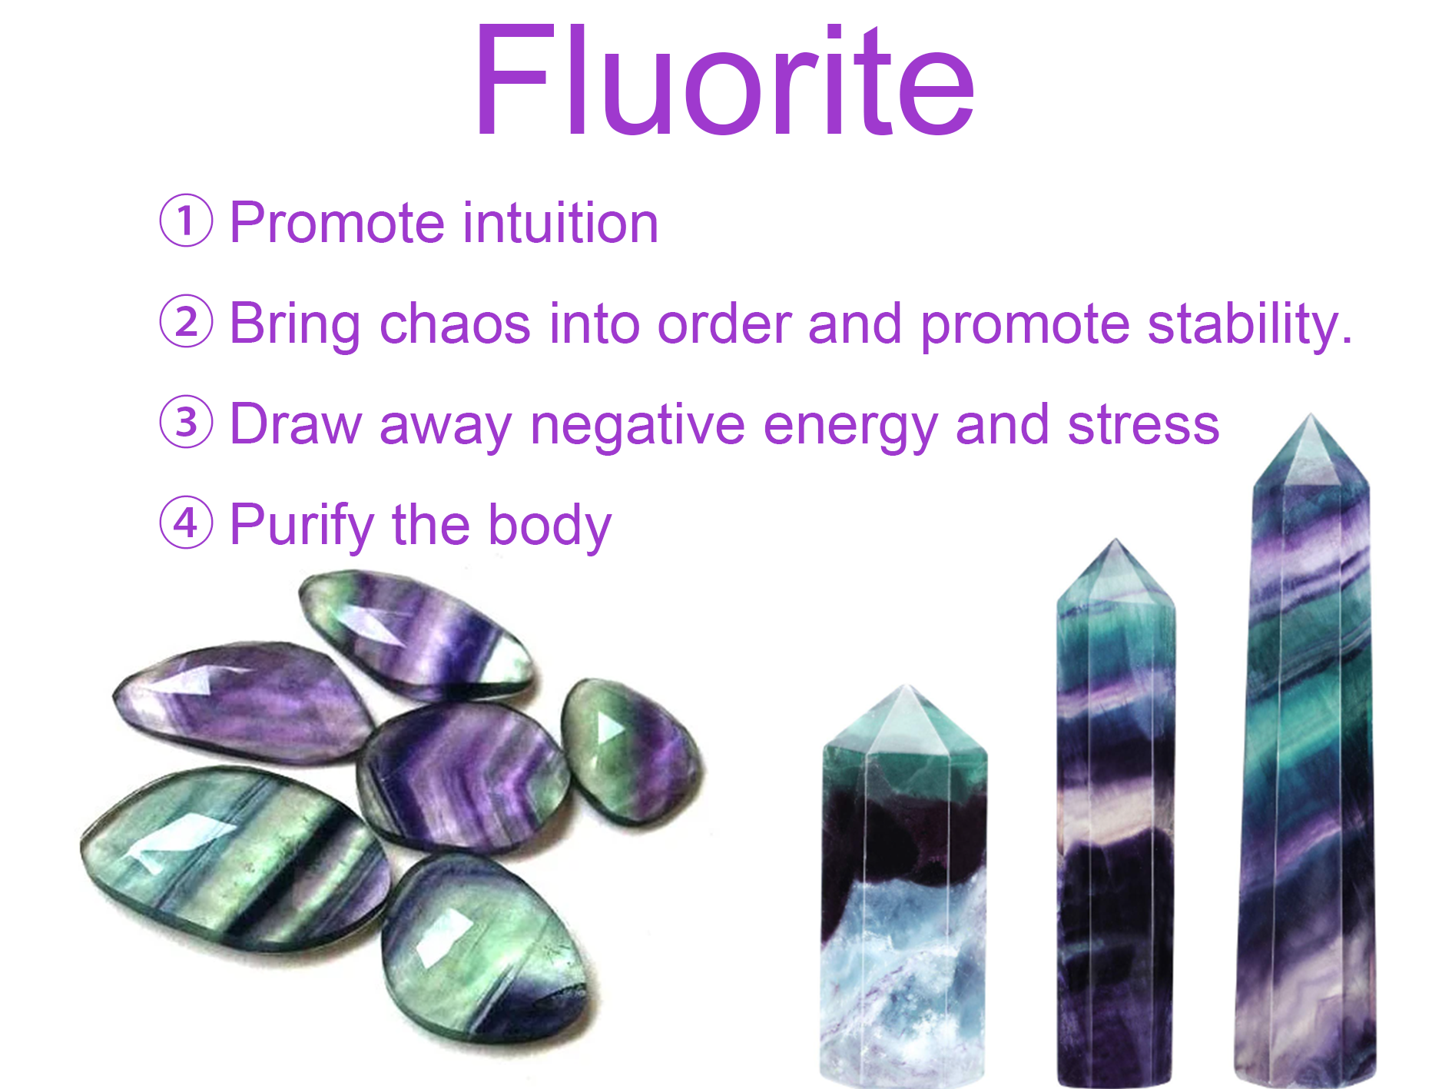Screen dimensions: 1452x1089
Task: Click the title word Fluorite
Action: [x=725, y=81]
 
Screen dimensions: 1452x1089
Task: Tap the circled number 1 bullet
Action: [x=186, y=221]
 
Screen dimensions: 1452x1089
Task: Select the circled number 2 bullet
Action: [x=186, y=321]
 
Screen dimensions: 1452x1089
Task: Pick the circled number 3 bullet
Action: [x=186, y=422]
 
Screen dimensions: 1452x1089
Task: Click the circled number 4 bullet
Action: [x=186, y=523]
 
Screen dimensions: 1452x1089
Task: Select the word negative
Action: [x=638, y=427]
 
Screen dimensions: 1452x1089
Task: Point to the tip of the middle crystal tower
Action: [x=1115, y=540]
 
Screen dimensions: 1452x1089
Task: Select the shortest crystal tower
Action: [x=903, y=884]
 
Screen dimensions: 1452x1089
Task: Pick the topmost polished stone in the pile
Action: [x=415, y=634]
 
